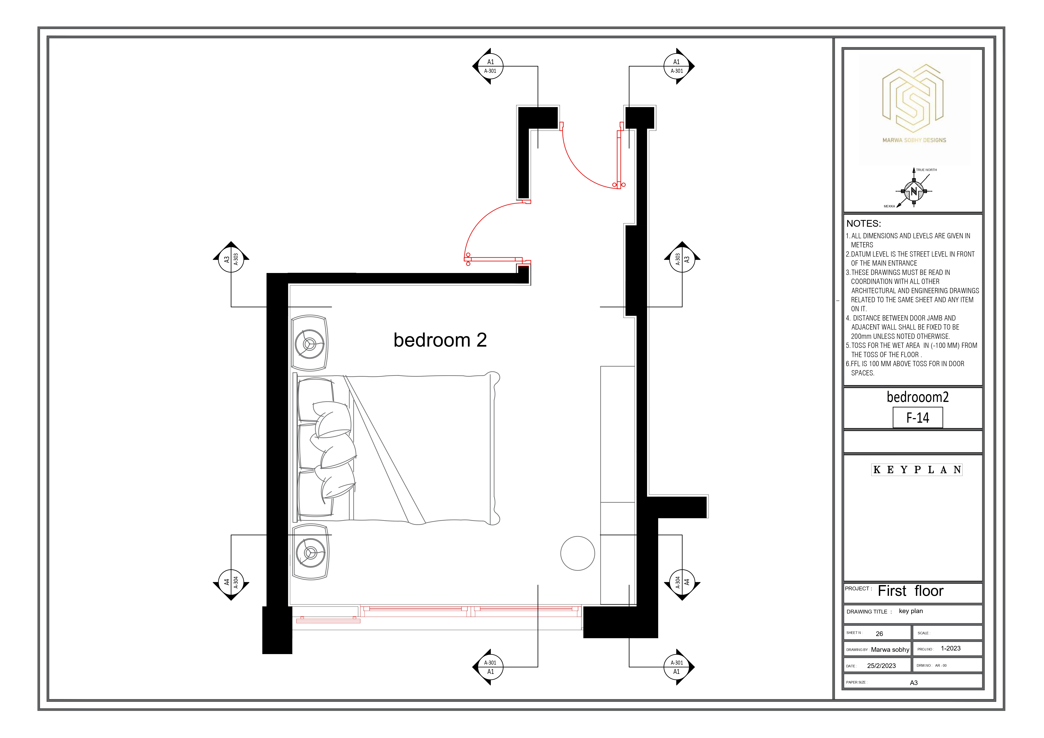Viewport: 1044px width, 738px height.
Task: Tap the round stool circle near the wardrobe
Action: (577, 553)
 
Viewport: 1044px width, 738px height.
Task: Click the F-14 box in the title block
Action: (918, 417)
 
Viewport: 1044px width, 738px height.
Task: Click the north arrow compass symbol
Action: (914, 191)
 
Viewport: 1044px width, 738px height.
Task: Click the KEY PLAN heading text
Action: (917, 470)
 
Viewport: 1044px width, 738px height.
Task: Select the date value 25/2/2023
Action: (881, 666)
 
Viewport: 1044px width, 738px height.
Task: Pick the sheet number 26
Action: (880, 633)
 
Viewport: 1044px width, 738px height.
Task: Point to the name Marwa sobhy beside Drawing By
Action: (890, 650)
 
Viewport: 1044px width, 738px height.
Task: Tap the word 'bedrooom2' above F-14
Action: (918, 397)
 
